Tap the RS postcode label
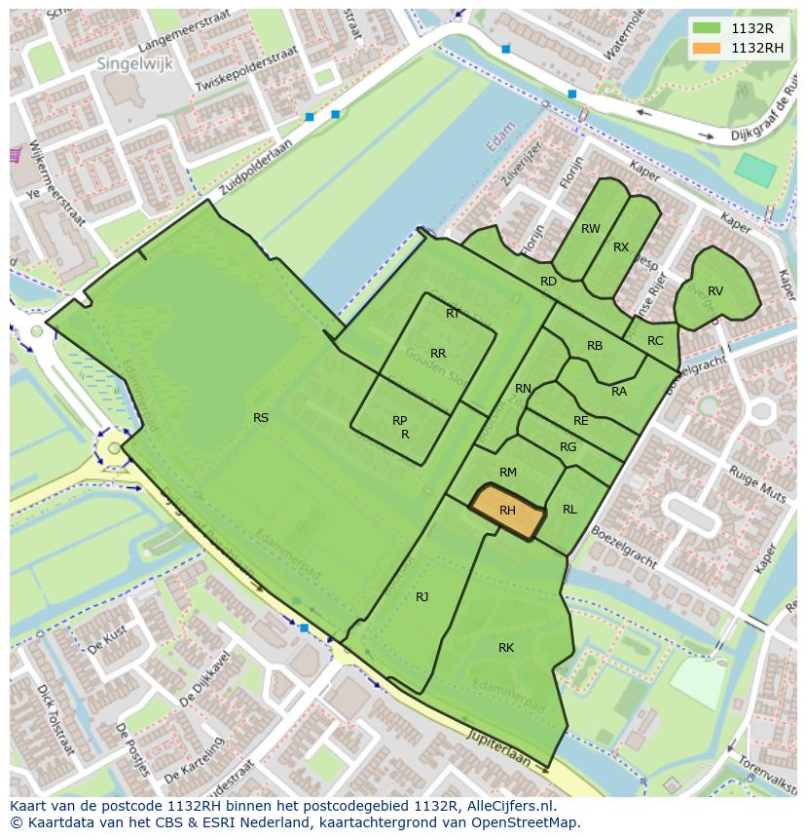(261, 418)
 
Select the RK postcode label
(506, 648)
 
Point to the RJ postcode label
(421, 596)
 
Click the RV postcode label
(715, 291)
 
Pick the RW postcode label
(590, 229)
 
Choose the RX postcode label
(621, 248)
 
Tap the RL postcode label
(569, 510)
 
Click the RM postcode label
(507, 473)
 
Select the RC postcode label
(655, 341)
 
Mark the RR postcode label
(438, 354)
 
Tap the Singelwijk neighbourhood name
(128, 62)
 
